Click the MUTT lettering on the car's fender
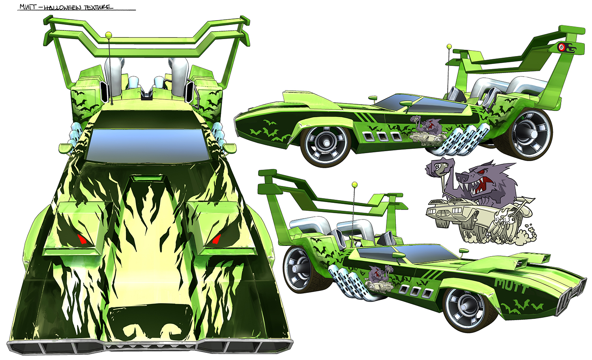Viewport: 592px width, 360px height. click(x=511, y=283)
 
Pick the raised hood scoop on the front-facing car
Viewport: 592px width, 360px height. click(x=144, y=180)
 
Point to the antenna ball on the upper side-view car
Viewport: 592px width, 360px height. click(x=449, y=47)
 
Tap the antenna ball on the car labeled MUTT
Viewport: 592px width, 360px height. click(x=354, y=184)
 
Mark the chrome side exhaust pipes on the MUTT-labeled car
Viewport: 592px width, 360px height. click(x=349, y=281)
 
